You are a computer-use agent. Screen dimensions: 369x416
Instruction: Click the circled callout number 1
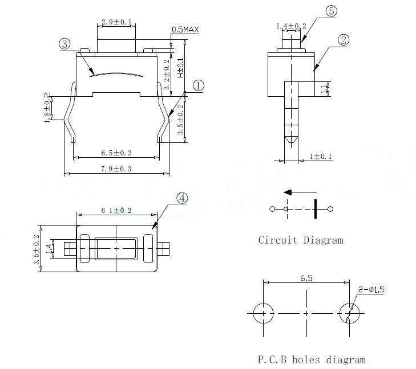point(198,85)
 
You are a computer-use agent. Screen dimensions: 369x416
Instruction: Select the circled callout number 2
point(344,40)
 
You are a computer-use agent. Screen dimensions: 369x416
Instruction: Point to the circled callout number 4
point(181,198)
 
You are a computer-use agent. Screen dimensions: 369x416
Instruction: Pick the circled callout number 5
point(332,11)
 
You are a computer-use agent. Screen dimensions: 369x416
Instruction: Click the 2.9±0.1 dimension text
point(116,22)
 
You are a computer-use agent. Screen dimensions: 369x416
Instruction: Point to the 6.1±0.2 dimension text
point(116,210)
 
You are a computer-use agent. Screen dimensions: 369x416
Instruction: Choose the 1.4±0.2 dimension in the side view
point(291,26)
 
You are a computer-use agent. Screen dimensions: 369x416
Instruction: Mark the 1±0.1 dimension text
point(321,157)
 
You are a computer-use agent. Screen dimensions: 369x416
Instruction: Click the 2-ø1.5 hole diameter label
point(371,290)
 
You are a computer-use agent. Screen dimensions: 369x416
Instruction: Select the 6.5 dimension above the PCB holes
point(307,279)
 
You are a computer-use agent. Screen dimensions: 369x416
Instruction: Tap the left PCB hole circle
point(264,313)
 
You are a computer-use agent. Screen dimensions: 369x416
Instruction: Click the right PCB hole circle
point(349,313)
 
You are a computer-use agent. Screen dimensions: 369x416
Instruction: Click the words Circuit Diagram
point(301,240)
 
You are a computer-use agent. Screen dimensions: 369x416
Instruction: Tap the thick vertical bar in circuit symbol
point(314,209)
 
